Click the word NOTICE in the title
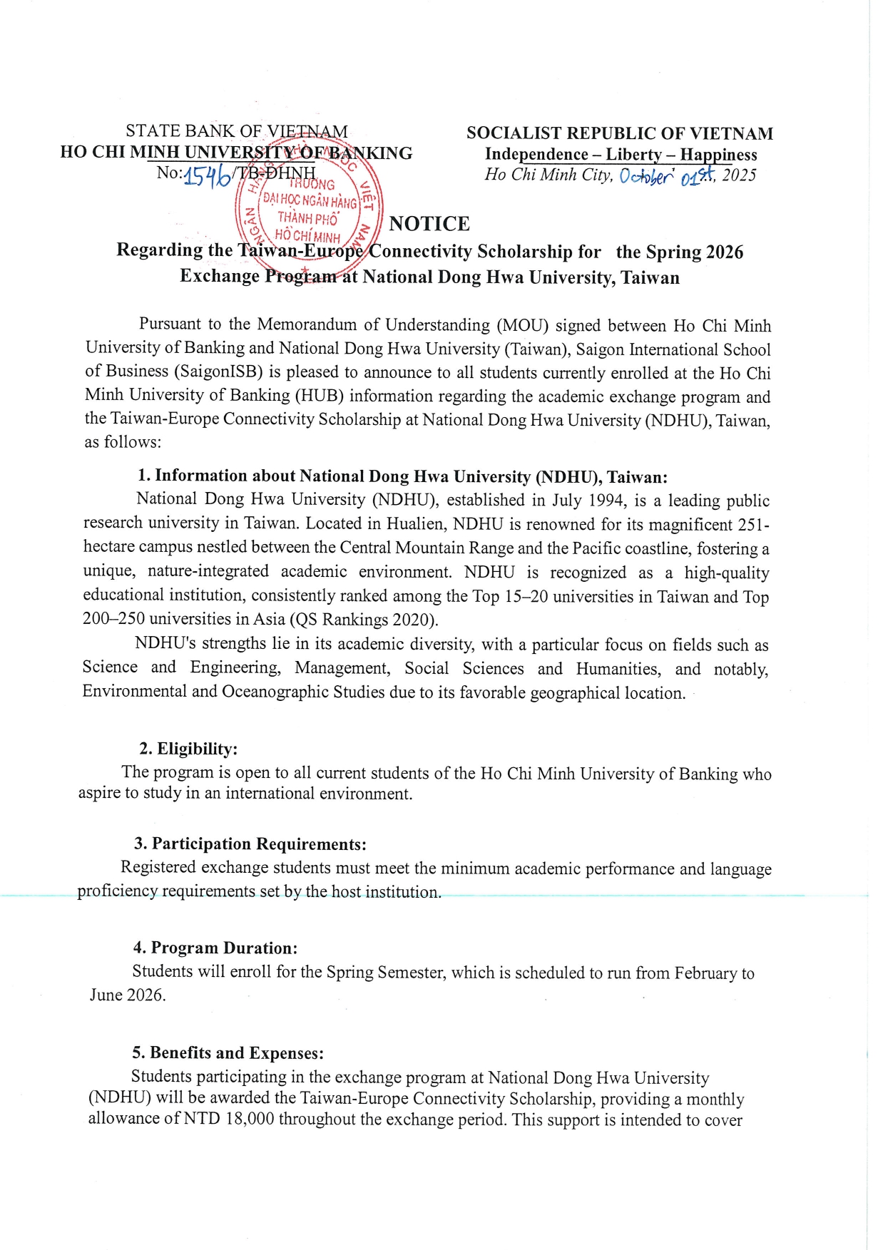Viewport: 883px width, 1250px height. tap(429, 224)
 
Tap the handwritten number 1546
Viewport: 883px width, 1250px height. tap(207, 175)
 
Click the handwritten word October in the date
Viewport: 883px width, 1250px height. tap(646, 176)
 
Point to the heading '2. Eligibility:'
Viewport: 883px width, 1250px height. tap(188, 749)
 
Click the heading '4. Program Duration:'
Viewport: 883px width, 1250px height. tap(215, 948)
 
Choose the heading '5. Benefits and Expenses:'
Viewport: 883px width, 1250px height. tap(228, 1053)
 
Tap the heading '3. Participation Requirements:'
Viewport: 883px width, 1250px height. tap(250, 844)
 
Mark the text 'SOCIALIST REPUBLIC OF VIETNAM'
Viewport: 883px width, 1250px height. tap(619, 133)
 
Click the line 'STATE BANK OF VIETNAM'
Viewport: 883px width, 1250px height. tap(237, 131)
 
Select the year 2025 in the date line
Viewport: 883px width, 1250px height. tap(739, 175)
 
